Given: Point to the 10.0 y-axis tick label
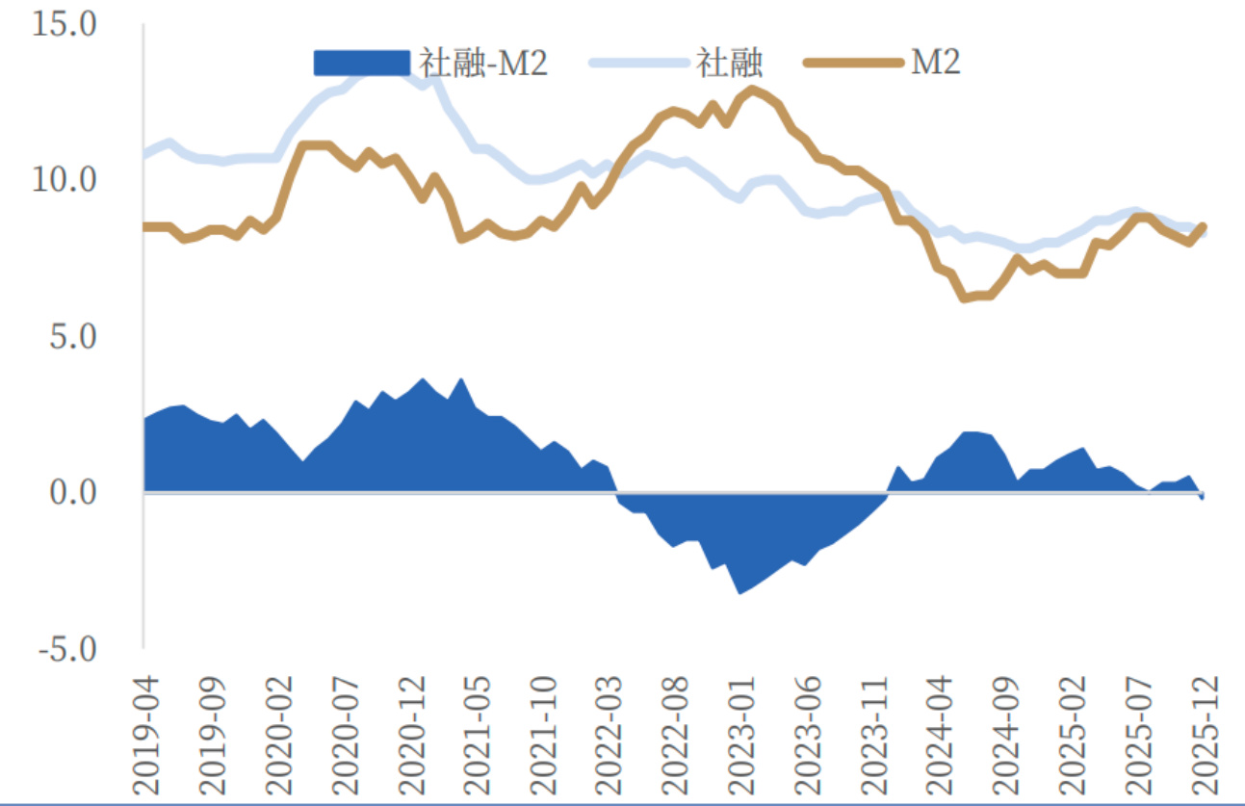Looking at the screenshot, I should click(65, 180).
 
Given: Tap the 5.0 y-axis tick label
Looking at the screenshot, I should click(73, 336).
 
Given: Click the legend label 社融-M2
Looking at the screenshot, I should click(483, 63).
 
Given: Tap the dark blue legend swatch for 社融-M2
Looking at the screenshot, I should click(361, 63).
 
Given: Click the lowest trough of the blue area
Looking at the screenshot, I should click(739, 592).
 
